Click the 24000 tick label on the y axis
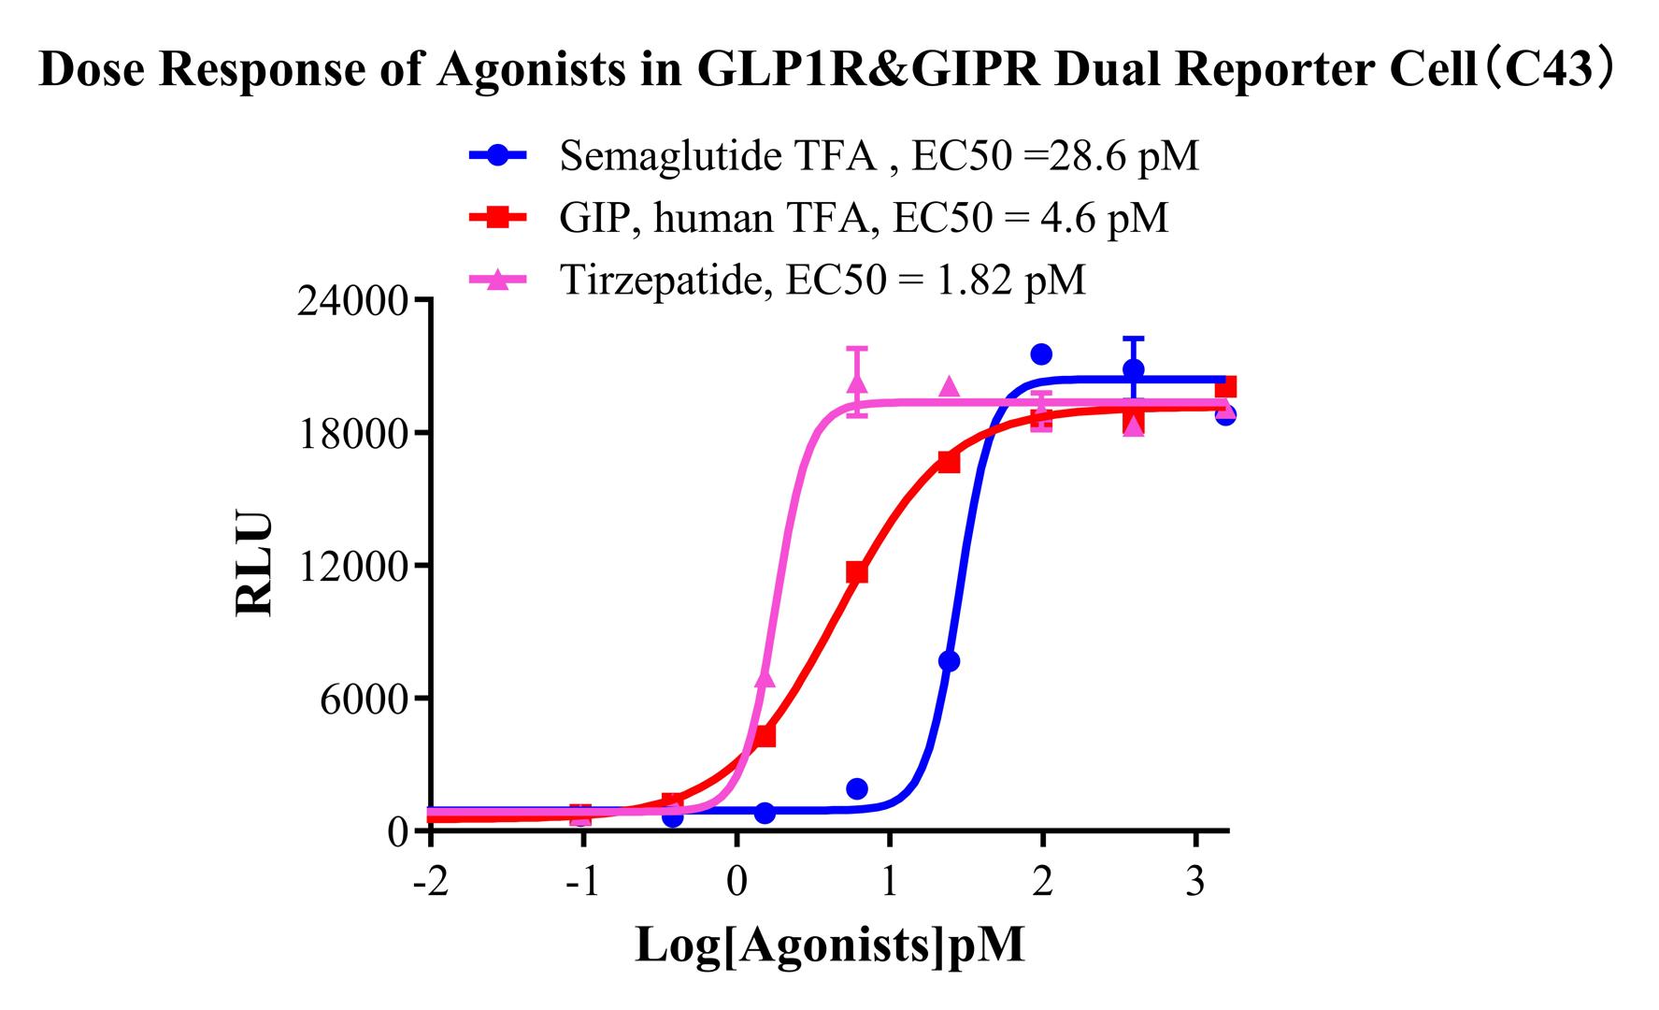click(351, 301)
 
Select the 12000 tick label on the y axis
click(351, 567)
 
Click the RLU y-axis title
click(254, 564)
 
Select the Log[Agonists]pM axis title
click(829, 945)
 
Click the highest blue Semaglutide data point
click(1041, 353)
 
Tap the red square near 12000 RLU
click(856, 572)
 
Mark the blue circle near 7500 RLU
click(949, 661)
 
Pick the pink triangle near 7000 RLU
click(765, 678)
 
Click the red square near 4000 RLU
click(765, 736)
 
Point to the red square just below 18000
click(949, 461)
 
